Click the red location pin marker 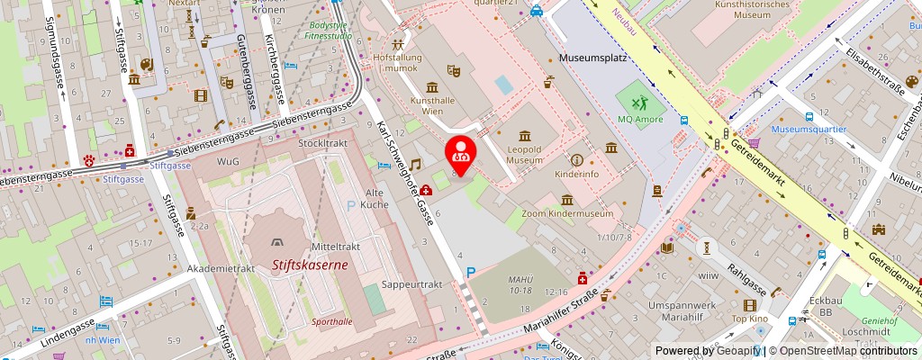461,150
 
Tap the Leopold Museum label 523,153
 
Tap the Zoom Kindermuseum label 567,213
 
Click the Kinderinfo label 577,172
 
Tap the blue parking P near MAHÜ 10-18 470,273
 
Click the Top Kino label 749,319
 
